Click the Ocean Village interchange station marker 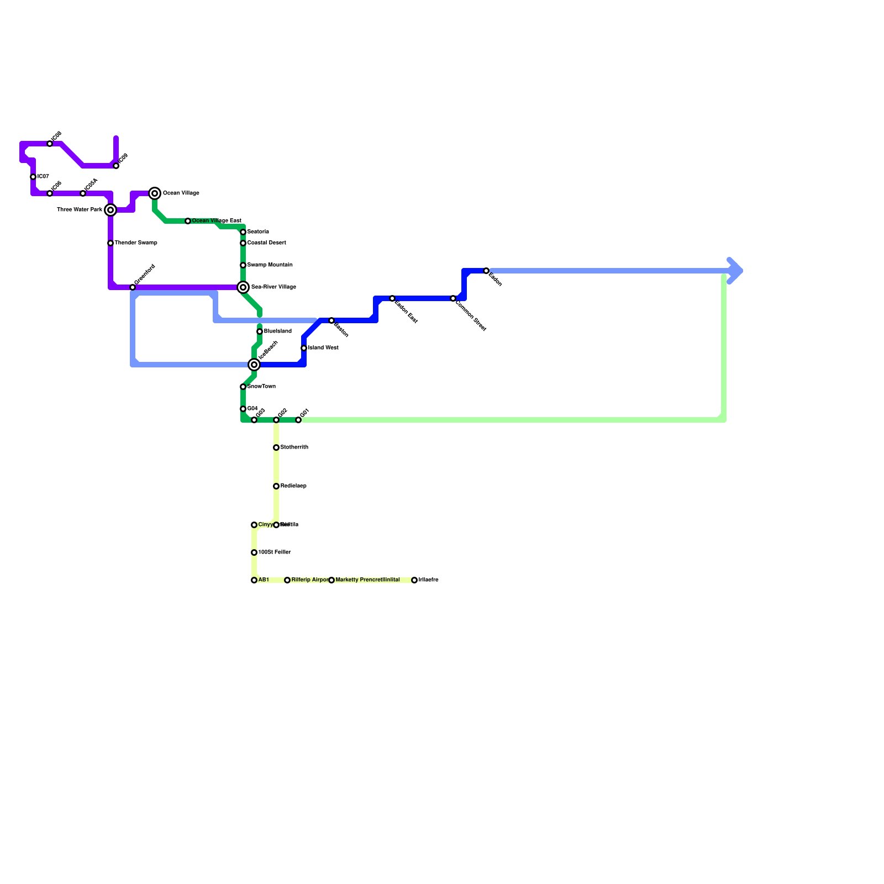coord(155,193)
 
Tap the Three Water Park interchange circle coord(110,210)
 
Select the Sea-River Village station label coord(273,287)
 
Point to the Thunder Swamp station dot coord(110,243)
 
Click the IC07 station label coord(43,177)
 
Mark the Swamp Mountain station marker coord(243,265)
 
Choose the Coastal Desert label coord(266,243)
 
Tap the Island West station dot coord(304,348)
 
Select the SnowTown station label coord(261,387)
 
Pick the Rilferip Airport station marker coord(287,580)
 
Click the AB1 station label coord(264,580)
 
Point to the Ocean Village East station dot coord(188,221)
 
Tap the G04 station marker coord(243,409)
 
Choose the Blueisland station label coord(277,331)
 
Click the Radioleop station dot coord(276,486)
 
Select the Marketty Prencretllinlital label coord(367,580)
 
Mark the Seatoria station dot coord(243,232)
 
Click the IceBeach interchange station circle coord(254,365)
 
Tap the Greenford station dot coord(133,287)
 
